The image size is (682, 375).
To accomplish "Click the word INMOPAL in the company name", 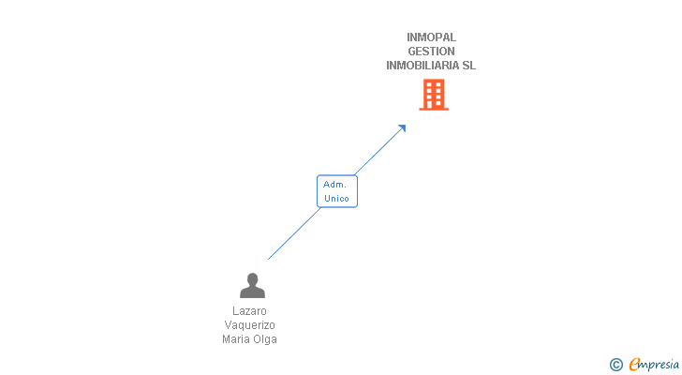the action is pyautogui.click(x=431, y=37).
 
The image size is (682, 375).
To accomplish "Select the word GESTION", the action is pyautogui.click(x=431, y=52).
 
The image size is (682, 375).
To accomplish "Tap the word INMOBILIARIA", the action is pyautogui.click(x=423, y=66).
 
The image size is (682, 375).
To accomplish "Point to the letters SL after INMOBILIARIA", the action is pyautogui.click(x=468, y=66).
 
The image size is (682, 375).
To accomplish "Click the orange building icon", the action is pyautogui.click(x=433, y=95).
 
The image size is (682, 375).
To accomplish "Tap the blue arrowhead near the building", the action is pyautogui.click(x=401, y=128).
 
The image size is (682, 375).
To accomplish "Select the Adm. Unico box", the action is pyautogui.click(x=337, y=191).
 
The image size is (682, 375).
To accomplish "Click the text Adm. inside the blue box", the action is pyautogui.click(x=335, y=185).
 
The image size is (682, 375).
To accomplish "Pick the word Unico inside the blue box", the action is pyautogui.click(x=336, y=199).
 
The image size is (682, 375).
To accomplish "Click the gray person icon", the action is pyautogui.click(x=252, y=286).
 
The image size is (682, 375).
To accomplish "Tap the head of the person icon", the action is pyautogui.click(x=252, y=279).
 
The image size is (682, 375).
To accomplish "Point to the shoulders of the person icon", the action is pyautogui.click(x=252, y=292).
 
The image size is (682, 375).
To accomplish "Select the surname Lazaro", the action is pyautogui.click(x=250, y=310).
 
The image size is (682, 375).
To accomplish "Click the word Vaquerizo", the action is pyautogui.click(x=250, y=325).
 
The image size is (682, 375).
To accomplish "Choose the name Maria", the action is pyautogui.click(x=236, y=339).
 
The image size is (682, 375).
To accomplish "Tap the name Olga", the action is pyautogui.click(x=265, y=339).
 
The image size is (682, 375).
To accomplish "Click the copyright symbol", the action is pyautogui.click(x=615, y=365).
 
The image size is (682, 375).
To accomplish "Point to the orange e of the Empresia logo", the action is pyautogui.click(x=634, y=365).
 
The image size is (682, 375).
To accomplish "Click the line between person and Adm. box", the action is pyautogui.click(x=293, y=233).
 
